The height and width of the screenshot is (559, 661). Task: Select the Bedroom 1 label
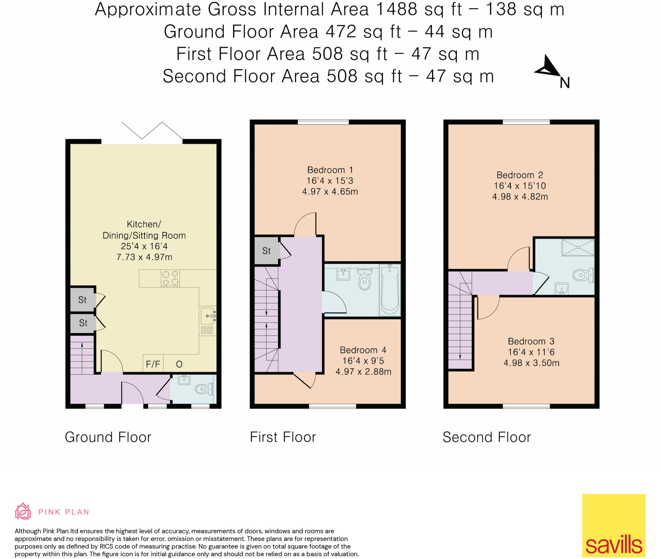coord(330,170)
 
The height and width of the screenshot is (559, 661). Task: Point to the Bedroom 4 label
coord(363,350)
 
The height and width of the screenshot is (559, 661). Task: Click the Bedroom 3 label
coord(531,341)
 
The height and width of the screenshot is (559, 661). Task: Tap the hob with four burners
coord(170,278)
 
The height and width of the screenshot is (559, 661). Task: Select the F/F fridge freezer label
coord(153,364)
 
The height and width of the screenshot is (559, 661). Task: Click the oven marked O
coord(179,364)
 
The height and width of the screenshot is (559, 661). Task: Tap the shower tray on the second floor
coord(578,248)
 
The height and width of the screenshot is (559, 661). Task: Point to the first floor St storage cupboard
coord(267,251)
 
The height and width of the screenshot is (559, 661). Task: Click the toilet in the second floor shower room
coord(583,275)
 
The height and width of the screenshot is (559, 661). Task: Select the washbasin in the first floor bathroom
coord(343,274)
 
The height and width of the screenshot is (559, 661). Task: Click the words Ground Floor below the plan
coord(108,437)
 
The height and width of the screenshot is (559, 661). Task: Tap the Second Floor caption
coord(487,437)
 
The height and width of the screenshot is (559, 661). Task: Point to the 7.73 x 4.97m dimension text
coord(144,257)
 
